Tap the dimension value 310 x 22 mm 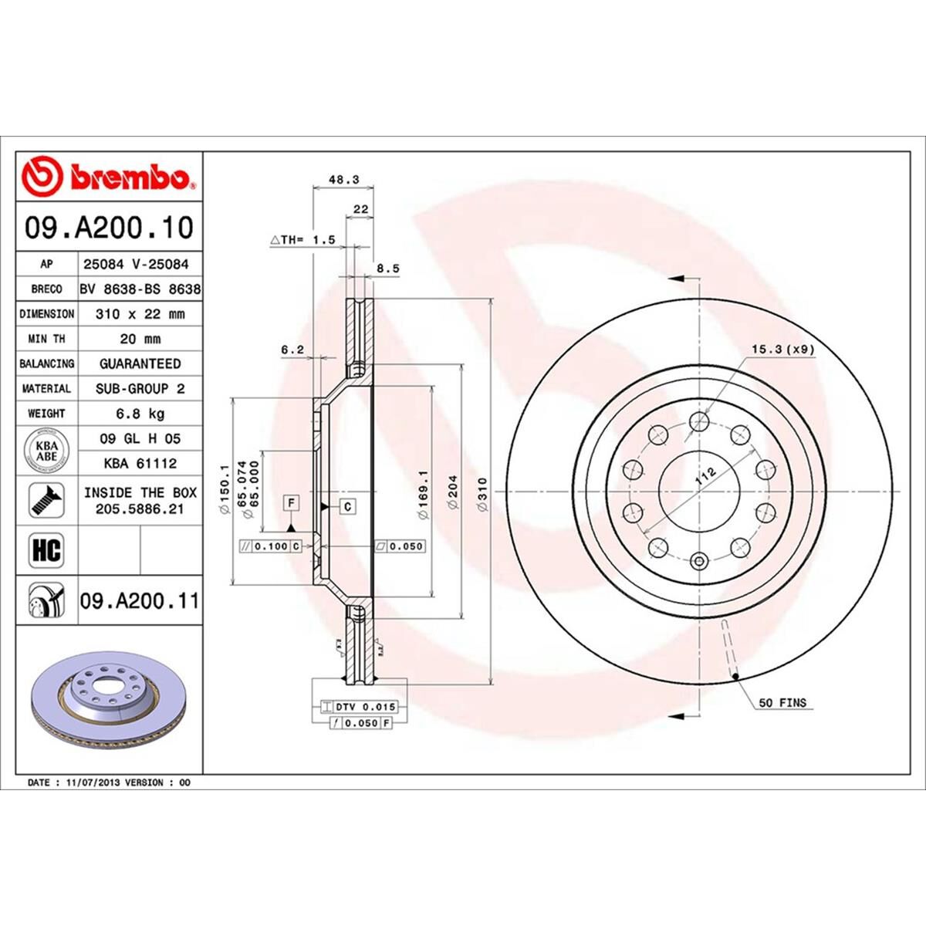pyautogui.click(x=140, y=314)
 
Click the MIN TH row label pyautogui.click(x=46, y=339)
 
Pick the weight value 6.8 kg pyautogui.click(x=140, y=414)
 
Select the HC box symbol pyautogui.click(x=46, y=551)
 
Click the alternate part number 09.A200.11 pyautogui.click(x=140, y=600)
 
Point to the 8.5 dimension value pyautogui.click(x=387, y=269)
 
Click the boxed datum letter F pyautogui.click(x=291, y=504)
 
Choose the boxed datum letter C pyautogui.click(x=348, y=506)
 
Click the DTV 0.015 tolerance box pyautogui.click(x=357, y=707)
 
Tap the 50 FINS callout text pyautogui.click(x=782, y=702)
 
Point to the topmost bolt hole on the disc pyautogui.click(x=699, y=421)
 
